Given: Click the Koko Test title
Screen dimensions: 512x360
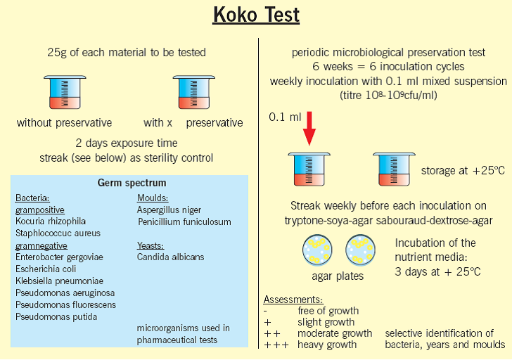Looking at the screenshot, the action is pos(256,15).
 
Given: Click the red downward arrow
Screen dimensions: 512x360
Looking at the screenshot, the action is pos(309,128).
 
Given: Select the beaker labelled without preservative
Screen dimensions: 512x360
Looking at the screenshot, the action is pos(65,92).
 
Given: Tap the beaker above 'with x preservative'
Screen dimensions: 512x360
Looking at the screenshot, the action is pos(194,92).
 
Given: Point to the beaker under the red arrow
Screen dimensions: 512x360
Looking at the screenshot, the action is pos(309,169).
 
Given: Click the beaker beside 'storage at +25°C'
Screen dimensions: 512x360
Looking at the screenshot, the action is pos(394,169).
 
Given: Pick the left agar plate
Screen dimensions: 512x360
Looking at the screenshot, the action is pos(317,250).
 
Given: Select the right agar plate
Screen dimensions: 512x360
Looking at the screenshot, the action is pos(361,250).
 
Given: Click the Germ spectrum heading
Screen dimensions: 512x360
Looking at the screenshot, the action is pos(132,183).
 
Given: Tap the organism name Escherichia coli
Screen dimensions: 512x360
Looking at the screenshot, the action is pos(46,269).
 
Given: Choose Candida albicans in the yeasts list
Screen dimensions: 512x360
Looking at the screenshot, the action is pos(170,257).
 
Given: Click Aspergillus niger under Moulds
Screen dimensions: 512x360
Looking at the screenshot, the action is pos(169,210).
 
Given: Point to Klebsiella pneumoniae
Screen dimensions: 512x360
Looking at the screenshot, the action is pos(59,281).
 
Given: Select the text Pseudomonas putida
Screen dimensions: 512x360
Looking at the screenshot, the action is pos(56,317).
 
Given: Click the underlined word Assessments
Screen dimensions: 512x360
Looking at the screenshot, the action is pos(293,300).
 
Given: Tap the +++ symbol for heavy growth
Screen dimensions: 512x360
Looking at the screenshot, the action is pos(276,345).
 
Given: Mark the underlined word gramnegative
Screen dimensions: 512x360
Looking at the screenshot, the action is pos(41,246).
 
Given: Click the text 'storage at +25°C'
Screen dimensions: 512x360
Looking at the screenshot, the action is pos(463,170).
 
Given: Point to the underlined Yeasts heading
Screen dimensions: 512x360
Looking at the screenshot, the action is pos(151,245).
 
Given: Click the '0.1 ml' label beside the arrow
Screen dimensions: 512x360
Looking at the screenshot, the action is pos(285,117).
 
